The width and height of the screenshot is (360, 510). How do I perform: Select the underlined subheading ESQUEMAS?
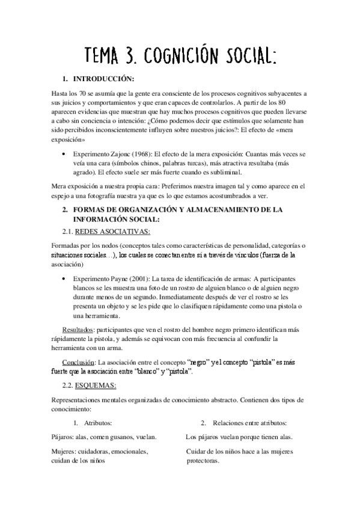tap(96, 386)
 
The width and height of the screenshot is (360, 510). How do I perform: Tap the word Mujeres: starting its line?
tap(67, 450)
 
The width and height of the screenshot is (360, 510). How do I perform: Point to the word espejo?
tap(63, 195)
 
